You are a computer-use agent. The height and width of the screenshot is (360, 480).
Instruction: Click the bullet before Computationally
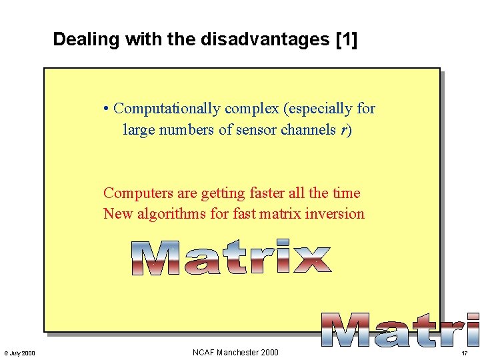tap(107, 109)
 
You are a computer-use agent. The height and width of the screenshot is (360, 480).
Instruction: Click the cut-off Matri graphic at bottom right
tap(400, 330)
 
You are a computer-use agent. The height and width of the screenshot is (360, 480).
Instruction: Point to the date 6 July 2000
tap(19, 353)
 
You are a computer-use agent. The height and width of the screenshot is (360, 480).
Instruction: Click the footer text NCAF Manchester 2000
tap(235, 352)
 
